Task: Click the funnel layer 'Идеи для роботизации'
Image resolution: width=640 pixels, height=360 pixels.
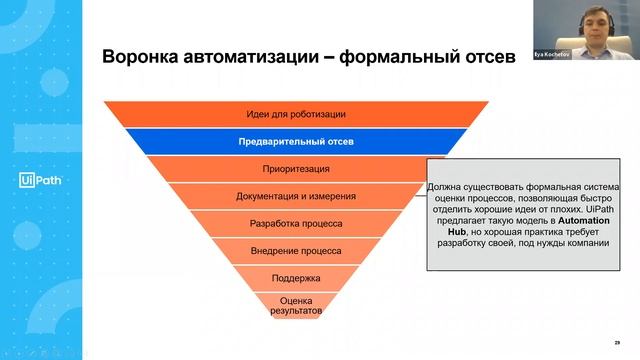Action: point(296,115)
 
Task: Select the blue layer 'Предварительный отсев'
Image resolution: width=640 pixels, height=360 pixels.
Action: point(296,142)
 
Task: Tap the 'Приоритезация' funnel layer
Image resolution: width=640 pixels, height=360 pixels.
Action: point(296,169)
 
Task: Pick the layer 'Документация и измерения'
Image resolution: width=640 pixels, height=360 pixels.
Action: point(296,196)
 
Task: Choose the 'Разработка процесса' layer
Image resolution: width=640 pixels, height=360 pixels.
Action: point(296,223)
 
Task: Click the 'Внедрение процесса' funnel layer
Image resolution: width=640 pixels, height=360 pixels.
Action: point(296,250)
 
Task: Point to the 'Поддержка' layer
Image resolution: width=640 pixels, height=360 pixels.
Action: point(296,277)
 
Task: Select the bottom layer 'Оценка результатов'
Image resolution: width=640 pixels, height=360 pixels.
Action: point(296,306)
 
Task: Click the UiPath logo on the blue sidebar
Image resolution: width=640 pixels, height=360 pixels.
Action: point(36,180)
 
